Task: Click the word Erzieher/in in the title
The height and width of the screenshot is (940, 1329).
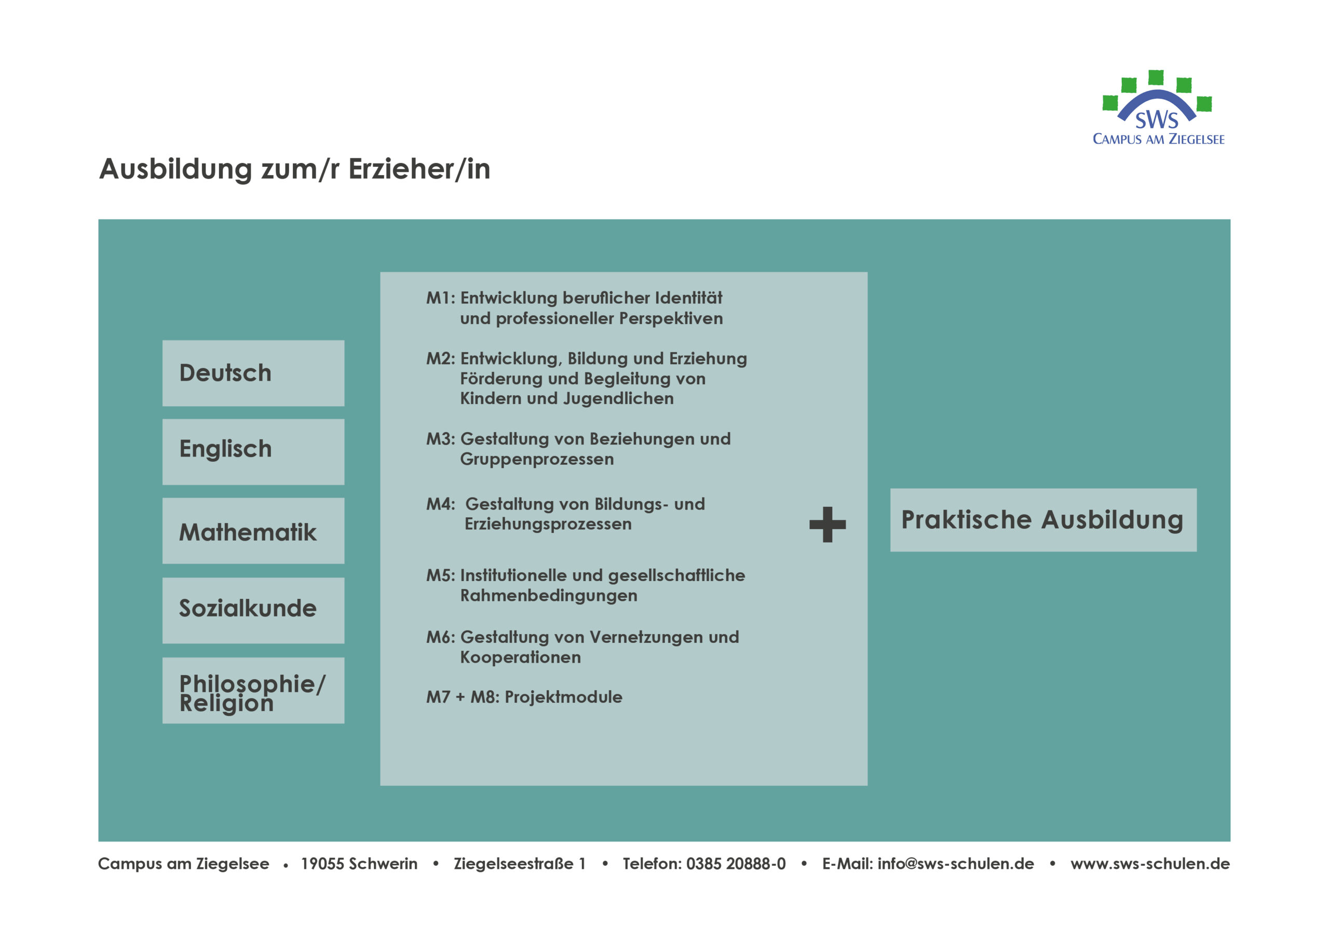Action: tap(419, 169)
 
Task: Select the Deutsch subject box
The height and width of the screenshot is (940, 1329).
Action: tap(253, 373)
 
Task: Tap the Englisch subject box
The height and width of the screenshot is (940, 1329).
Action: tap(253, 452)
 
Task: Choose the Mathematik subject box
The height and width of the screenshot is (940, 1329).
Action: tap(253, 531)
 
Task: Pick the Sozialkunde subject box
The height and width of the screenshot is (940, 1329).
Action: tap(253, 610)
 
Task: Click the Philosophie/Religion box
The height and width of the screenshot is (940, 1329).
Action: tap(253, 690)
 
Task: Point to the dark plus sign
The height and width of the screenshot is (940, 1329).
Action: tap(827, 525)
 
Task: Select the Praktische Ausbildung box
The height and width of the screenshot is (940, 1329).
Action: tap(1043, 520)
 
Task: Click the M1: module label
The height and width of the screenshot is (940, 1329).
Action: tap(441, 298)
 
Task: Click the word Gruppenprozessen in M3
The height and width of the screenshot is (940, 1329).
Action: tap(537, 459)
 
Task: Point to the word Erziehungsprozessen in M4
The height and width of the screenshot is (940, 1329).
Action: tap(548, 524)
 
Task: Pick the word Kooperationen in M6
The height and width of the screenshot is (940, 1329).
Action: tap(520, 657)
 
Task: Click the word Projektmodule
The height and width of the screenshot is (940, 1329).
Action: tap(563, 697)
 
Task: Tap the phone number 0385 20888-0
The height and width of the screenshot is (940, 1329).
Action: tap(736, 864)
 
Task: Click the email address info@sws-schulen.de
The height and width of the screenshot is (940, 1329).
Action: tap(956, 864)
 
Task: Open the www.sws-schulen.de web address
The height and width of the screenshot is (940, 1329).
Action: tap(1150, 864)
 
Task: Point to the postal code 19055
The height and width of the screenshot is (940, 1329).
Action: tap(322, 864)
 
